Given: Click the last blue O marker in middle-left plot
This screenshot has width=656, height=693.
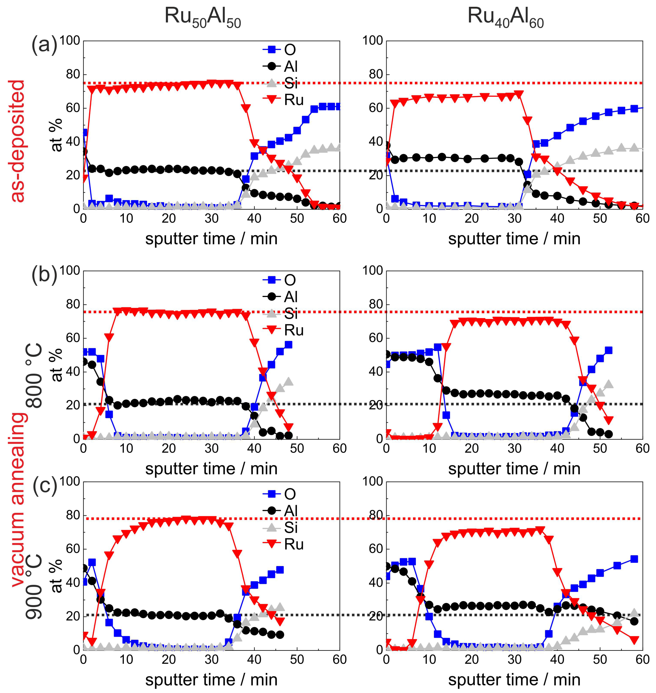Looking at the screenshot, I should point(288,345).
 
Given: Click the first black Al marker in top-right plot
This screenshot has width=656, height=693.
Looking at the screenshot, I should point(386,145).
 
